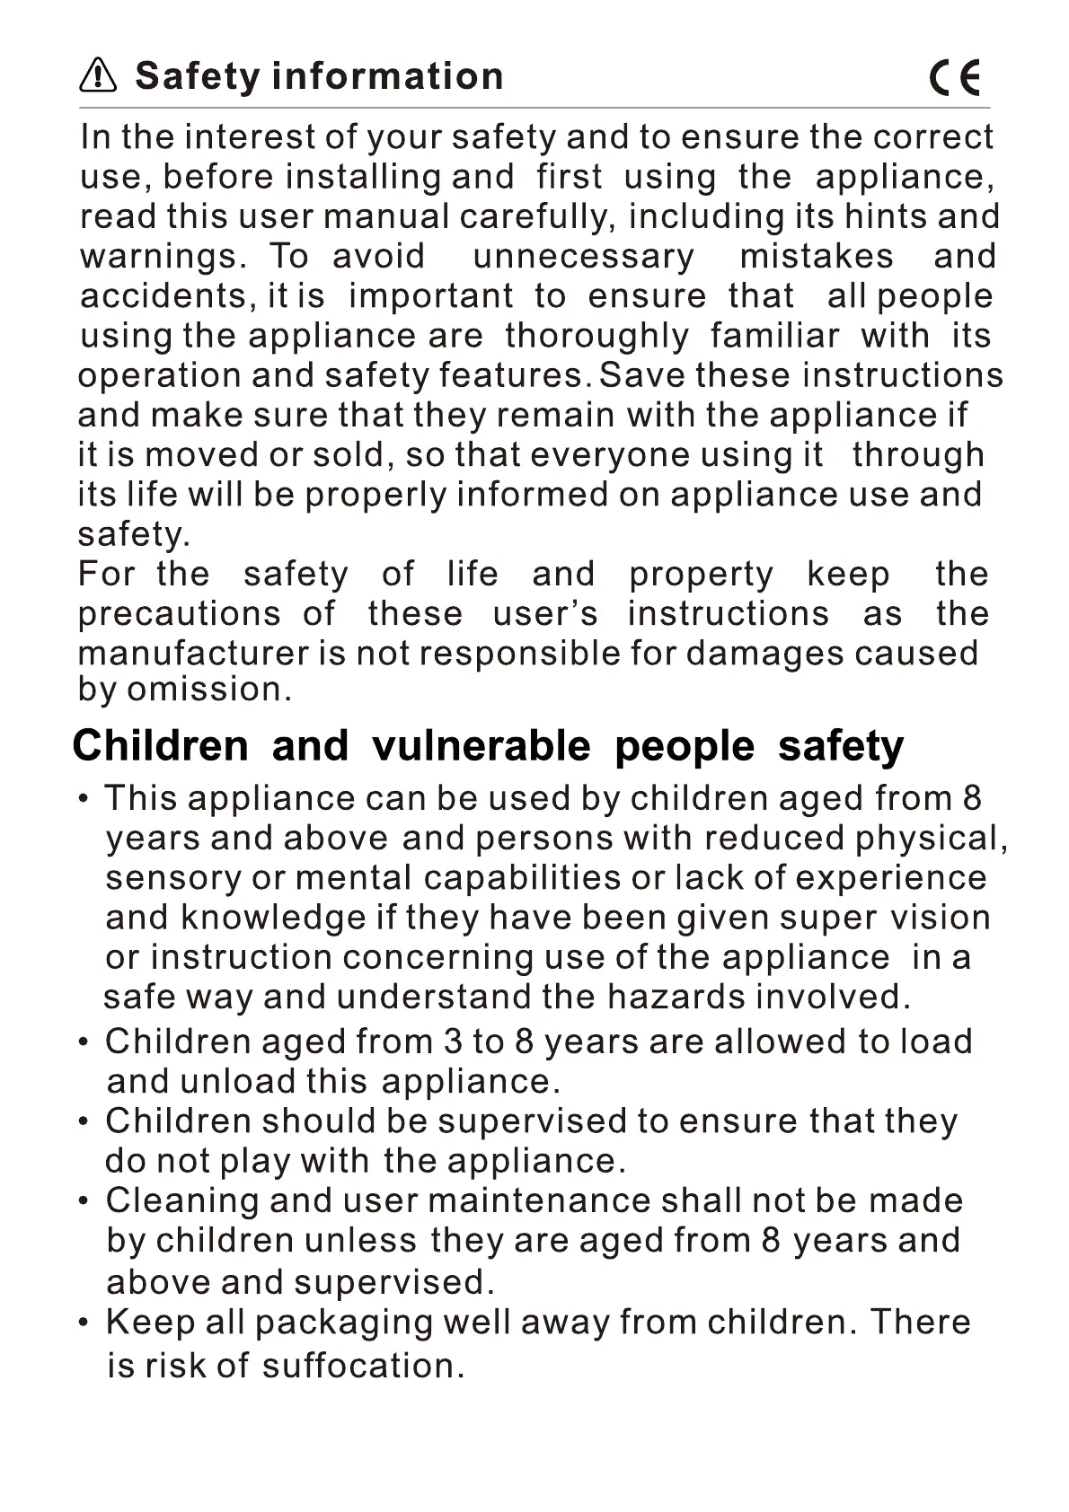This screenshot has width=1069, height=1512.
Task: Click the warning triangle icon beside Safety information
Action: tap(98, 76)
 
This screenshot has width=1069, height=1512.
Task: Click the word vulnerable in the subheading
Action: tap(481, 747)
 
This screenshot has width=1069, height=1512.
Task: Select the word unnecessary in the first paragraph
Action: tap(583, 257)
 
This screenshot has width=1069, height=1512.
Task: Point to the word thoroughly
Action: tap(596, 336)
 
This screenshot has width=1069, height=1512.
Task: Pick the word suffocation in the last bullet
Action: tap(363, 1366)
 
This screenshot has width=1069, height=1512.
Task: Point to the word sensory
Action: tap(173, 878)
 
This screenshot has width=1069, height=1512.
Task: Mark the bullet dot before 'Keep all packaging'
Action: tap(84, 1323)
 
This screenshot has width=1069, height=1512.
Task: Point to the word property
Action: tap(701, 575)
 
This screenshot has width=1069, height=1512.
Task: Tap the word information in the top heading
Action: tap(387, 76)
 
